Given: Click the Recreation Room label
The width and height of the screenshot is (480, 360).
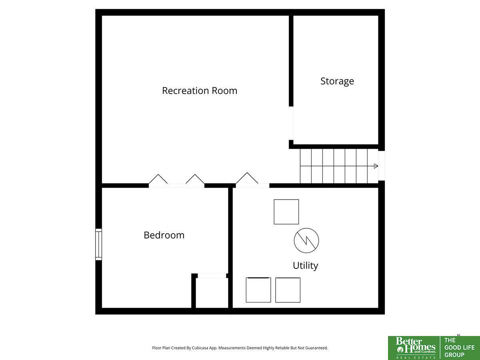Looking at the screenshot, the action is point(200,91).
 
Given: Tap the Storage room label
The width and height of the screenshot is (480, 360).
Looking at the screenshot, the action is point(337,81).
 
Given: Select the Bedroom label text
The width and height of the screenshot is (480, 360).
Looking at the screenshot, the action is point(164,235).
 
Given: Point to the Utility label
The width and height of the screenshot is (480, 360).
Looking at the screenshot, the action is point(305,266).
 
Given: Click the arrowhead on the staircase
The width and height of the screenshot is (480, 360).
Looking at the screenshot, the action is point(376,166).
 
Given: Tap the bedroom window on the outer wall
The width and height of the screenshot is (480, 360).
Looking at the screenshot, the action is point(99,244).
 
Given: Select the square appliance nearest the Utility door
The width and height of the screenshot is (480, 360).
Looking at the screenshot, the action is point(286,212).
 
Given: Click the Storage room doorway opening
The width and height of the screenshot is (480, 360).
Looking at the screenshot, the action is point(291,123).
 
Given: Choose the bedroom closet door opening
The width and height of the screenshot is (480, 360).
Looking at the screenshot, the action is point(212,276).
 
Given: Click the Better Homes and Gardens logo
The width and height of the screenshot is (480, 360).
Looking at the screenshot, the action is point(416,348).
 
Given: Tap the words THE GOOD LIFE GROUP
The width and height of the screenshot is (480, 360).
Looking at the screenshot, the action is point(460,348).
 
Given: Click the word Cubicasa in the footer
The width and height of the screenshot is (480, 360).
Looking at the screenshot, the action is point(200,348).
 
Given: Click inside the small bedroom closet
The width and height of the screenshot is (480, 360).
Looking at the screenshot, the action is point(212,293).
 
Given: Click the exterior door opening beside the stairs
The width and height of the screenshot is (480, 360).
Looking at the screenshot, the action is point(382,166).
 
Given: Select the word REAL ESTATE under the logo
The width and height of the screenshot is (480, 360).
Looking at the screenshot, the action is point(416,358).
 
